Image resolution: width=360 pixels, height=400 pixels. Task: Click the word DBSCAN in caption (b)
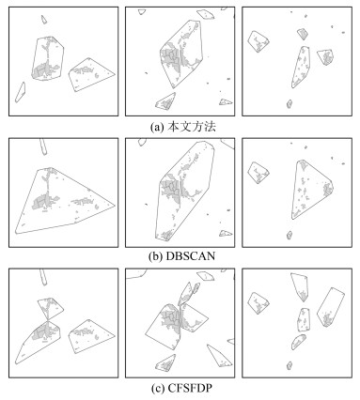point(190,256)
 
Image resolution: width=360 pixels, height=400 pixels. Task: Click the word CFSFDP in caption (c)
point(190,389)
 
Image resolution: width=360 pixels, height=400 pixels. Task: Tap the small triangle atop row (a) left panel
point(44,20)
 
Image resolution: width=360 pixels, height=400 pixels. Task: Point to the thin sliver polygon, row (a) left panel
point(20,92)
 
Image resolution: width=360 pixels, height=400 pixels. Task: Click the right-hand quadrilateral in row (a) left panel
point(91,74)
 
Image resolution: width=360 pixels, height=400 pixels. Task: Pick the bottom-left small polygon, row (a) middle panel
point(165,101)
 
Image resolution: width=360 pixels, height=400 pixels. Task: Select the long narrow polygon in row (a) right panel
point(301,67)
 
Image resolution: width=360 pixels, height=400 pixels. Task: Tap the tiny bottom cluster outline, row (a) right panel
point(290,104)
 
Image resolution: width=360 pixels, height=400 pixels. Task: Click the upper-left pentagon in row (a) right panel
point(258,41)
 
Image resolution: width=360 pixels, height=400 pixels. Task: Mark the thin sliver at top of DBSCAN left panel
point(43,146)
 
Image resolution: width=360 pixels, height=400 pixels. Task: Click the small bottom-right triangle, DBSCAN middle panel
point(226,233)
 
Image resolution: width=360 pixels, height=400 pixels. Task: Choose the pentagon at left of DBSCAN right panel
point(258,173)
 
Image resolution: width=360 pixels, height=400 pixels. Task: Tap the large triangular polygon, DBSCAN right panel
point(312,190)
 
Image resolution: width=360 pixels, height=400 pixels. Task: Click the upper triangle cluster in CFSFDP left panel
point(51,308)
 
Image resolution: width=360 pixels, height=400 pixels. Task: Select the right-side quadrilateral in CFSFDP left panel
point(91,336)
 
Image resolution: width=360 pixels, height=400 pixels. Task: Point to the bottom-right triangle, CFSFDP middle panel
point(220,356)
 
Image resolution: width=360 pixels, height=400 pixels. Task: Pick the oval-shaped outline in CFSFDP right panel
point(298,342)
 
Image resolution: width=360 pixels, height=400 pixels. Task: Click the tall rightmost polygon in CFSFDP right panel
point(331,307)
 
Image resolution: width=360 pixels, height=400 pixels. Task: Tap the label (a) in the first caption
point(157,127)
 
